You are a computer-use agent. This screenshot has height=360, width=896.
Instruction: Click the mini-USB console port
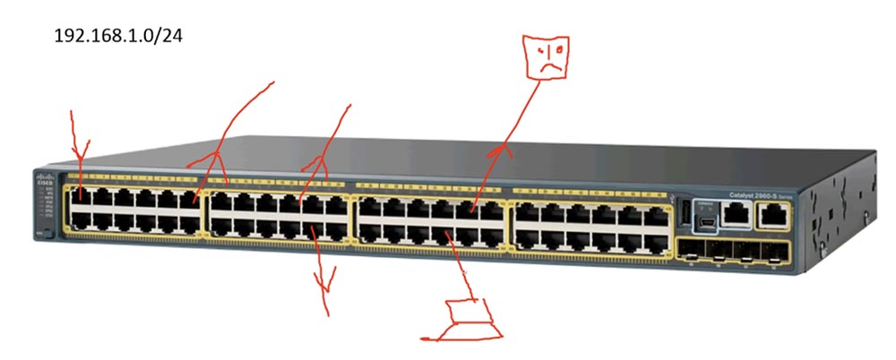click(707, 215)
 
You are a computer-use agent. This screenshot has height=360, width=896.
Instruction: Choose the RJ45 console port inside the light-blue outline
click(736, 213)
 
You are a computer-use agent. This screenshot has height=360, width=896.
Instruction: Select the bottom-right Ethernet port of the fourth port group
click(658, 239)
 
